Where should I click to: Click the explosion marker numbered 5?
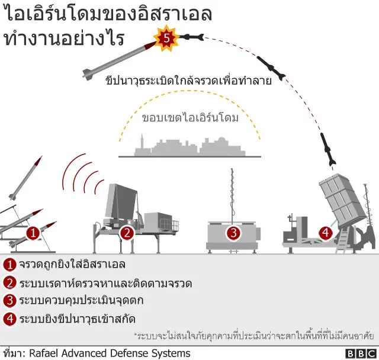166,38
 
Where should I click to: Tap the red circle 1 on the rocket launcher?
33,233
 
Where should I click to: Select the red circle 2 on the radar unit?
126,233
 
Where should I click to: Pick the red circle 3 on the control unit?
233,233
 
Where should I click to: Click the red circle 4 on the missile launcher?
325,233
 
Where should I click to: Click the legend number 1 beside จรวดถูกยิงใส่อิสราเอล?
9,263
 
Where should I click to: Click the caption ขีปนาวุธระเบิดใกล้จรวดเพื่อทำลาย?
188,81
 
